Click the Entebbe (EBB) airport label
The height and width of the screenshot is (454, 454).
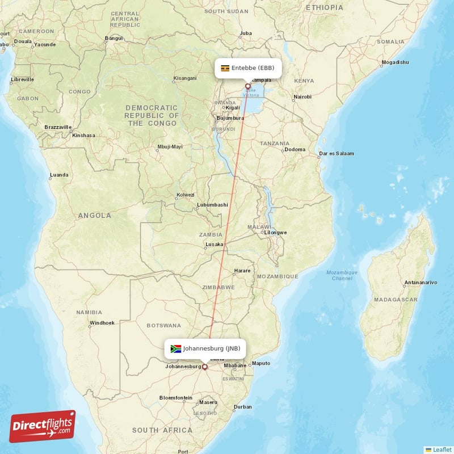point(253,68)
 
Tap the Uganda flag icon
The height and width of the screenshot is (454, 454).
point(225,68)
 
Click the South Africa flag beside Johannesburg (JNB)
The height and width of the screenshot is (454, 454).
point(175,348)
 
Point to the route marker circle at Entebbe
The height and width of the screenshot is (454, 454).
point(247,87)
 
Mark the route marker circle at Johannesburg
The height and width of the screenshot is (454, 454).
point(205,367)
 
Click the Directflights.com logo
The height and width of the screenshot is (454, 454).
point(42,426)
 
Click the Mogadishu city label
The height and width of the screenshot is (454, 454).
point(395,62)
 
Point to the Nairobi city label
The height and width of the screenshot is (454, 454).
point(302,96)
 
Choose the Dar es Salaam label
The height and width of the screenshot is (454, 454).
point(337,153)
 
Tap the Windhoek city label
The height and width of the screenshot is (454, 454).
point(102,323)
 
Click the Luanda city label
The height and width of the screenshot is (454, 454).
point(59,175)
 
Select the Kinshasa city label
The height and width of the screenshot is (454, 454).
point(83,136)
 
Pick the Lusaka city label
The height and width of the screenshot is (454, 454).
point(214,245)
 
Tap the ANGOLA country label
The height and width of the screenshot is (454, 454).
point(95,216)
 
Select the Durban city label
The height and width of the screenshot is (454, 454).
point(243,407)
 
